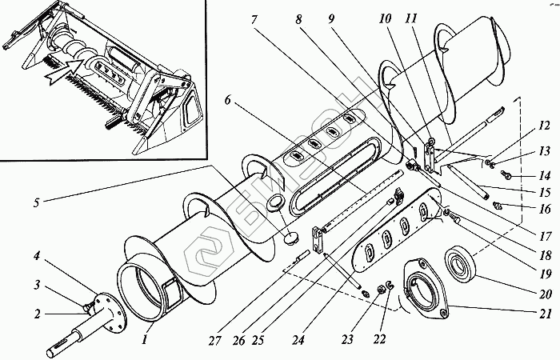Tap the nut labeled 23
(364, 294)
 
